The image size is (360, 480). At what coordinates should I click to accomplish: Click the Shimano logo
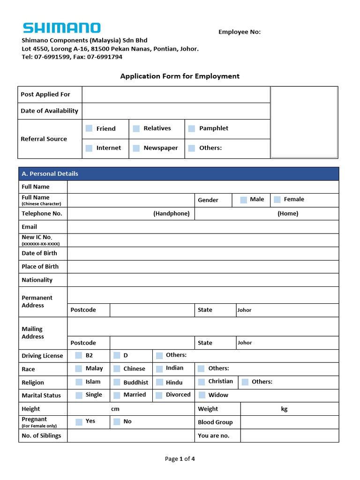(x=61, y=28)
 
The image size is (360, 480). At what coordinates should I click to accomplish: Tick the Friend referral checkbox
(x=89, y=128)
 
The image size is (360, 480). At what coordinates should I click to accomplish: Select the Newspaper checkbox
(x=136, y=148)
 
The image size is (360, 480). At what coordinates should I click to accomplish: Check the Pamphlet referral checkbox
(x=192, y=128)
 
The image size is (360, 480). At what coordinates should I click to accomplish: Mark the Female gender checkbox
(x=277, y=200)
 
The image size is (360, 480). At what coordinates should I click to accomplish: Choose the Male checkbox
(x=244, y=200)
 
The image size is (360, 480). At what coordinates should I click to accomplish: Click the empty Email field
(x=202, y=227)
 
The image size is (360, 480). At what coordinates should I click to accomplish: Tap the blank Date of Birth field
(x=202, y=254)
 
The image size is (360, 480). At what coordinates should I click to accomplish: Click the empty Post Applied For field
(x=176, y=95)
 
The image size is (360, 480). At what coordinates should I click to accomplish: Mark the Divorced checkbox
(x=159, y=395)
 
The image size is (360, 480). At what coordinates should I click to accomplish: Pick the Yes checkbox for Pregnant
(x=79, y=422)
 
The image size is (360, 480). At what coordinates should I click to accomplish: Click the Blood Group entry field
(x=289, y=422)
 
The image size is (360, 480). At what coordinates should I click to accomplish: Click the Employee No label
(x=240, y=32)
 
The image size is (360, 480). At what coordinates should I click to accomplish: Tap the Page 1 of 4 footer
(x=180, y=459)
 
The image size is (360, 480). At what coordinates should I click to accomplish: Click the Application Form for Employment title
(x=180, y=76)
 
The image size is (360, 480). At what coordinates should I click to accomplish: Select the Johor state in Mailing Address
(x=245, y=343)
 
